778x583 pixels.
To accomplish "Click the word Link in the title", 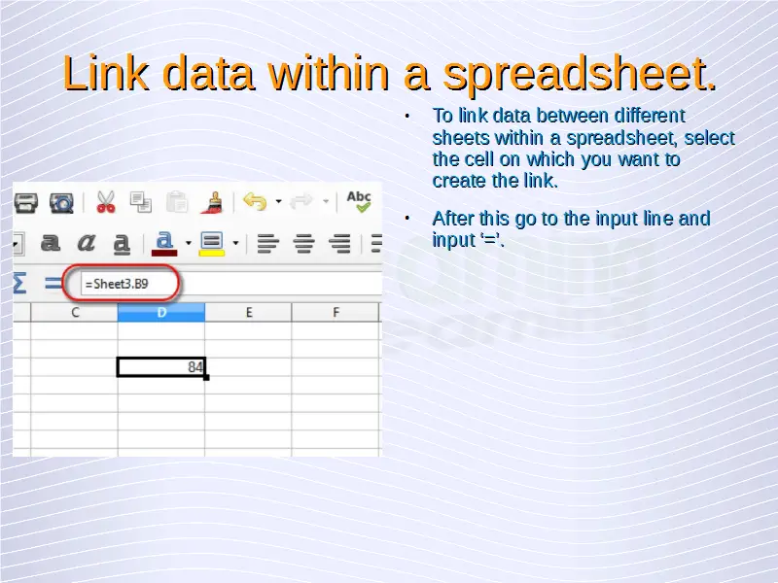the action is coord(106,73).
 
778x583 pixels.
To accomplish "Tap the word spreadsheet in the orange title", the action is coord(579,75).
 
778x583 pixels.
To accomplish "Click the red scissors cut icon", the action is coord(106,202).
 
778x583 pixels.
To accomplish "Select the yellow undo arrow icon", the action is coord(255,202).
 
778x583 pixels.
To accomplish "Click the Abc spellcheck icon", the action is coord(359,201).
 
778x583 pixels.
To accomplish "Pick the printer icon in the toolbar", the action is coord(25,203).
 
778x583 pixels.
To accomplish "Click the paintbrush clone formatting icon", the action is coord(212,202).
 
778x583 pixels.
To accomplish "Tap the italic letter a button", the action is coord(87,242).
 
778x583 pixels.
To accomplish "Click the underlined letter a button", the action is coord(122,244).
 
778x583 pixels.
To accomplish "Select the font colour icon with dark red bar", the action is coord(164,244).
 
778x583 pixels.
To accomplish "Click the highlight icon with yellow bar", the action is coord(211,244).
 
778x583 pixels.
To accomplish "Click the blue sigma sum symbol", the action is coord(19,283).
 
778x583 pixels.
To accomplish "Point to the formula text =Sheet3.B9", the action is coord(117,284).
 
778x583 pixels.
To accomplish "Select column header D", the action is coord(161,312).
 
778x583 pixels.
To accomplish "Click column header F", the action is coord(336,312).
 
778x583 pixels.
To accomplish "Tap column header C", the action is coord(75,312).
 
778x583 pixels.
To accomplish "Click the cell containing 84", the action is coord(161,367).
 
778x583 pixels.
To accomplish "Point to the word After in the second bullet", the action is coord(453,218).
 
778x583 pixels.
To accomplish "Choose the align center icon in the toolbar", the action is coord(303,244).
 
